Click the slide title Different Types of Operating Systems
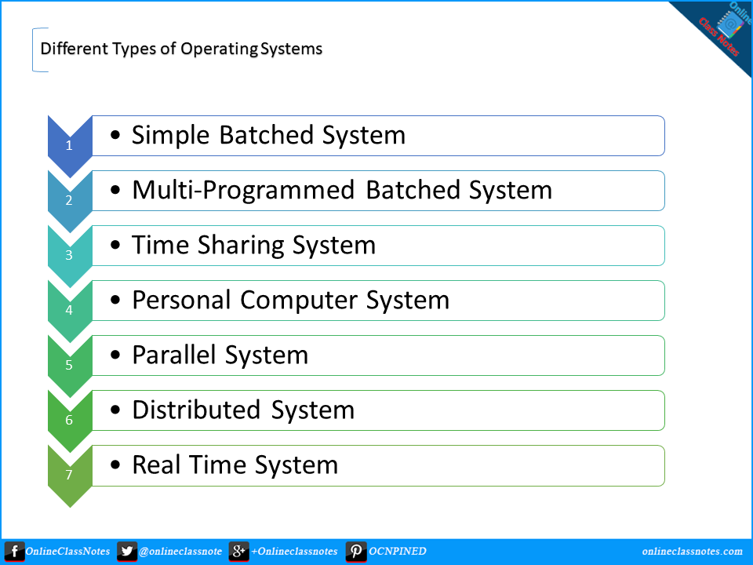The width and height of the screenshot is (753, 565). click(x=181, y=49)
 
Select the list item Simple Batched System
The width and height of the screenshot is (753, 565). click(x=268, y=135)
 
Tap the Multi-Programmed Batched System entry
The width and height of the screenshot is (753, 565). click(x=342, y=190)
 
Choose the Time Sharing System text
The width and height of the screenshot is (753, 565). click(x=253, y=245)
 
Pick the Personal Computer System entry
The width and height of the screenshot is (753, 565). click(x=290, y=300)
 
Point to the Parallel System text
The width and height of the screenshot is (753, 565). click(x=220, y=355)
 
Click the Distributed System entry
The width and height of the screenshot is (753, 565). click(x=243, y=410)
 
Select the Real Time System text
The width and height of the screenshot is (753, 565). click(x=235, y=465)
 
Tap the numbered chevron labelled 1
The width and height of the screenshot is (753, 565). click(x=69, y=145)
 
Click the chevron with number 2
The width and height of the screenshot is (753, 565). click(x=69, y=200)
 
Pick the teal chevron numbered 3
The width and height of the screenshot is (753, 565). click(x=69, y=255)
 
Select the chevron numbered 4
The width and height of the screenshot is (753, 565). click(x=69, y=310)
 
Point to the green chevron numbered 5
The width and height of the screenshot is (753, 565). click(x=69, y=365)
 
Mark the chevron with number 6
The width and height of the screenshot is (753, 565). click(x=69, y=420)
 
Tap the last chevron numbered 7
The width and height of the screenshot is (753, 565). click(x=69, y=475)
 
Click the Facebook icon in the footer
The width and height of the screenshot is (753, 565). click(x=14, y=552)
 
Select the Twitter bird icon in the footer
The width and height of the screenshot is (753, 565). click(x=127, y=552)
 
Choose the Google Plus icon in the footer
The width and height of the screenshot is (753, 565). click(x=239, y=552)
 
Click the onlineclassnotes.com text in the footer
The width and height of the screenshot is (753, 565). click(x=692, y=552)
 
